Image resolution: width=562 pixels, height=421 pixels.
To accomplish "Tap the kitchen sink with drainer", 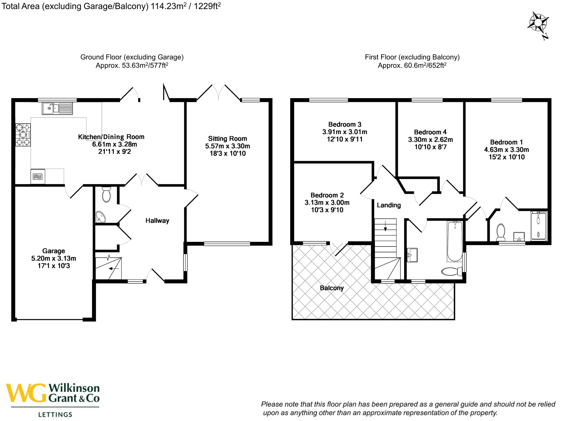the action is point(57,108).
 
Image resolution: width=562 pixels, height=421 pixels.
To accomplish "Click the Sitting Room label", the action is point(227,139).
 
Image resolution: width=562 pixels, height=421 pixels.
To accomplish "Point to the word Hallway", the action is point(157,221).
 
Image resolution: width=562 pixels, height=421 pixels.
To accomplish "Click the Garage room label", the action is point(54,251).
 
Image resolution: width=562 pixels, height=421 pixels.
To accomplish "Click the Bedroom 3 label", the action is point(345,124).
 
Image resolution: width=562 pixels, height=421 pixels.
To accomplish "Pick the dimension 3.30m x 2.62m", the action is point(430,140).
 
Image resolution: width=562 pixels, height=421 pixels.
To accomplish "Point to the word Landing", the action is point(389,205).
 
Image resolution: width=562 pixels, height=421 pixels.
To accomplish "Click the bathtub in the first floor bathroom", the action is point(455,241).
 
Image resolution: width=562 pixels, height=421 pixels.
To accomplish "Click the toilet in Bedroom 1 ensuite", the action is point(501,232).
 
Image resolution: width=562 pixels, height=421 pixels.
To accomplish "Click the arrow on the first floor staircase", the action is point(385,226).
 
